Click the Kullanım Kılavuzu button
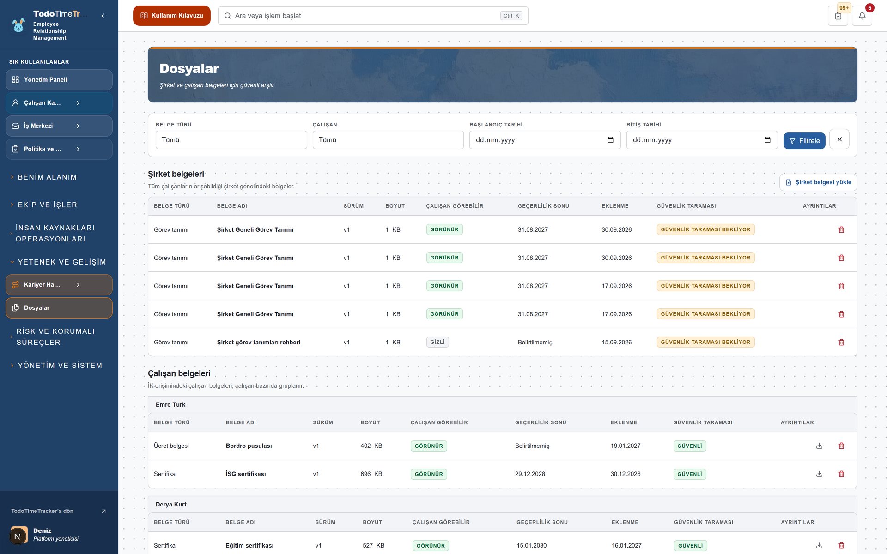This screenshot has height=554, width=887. pos(171,16)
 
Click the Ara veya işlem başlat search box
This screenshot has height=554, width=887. pos(373,16)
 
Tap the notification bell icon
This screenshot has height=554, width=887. pos(862,16)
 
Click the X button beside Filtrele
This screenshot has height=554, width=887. pos(839,139)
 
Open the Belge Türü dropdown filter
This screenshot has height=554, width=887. pos(231,140)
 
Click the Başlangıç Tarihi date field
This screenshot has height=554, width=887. pos(545,140)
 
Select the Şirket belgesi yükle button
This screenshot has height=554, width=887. pos(818,182)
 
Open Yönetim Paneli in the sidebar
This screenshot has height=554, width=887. pos(59,80)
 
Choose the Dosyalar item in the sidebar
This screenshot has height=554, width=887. pos(59,308)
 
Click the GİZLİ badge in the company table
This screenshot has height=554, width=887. pos(437,342)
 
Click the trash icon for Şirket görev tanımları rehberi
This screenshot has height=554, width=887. pos(841,342)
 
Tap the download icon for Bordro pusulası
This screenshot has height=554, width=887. pos(819,446)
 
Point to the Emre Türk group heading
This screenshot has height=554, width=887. pos(170,405)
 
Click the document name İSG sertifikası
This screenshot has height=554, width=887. pos(246,474)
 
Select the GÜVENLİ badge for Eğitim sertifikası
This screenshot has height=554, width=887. pos(690,546)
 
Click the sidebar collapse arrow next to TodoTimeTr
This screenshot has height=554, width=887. pos(103,16)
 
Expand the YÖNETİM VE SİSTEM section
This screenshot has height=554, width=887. pos(59,366)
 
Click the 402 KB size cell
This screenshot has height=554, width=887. pos(371,446)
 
